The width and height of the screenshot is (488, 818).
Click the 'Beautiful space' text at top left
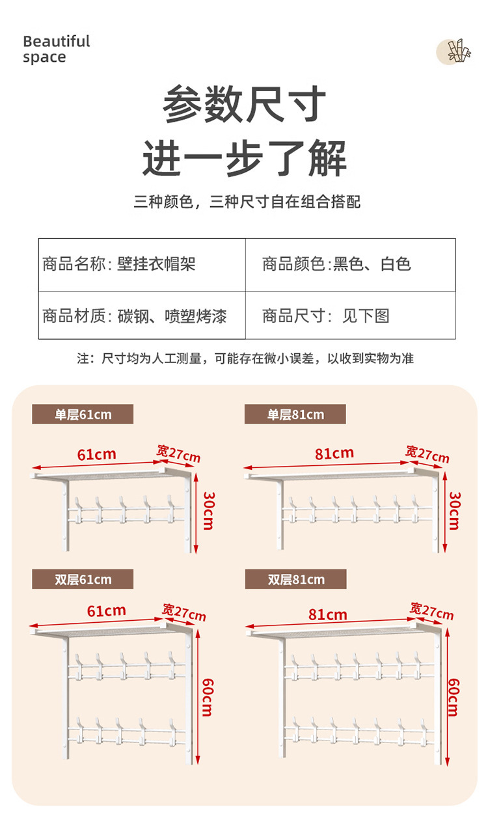click(56, 49)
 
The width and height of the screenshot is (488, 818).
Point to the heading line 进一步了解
click(244, 157)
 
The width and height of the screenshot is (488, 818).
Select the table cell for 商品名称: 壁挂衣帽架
click(142, 264)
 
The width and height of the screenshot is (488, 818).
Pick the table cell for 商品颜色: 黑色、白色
click(350, 264)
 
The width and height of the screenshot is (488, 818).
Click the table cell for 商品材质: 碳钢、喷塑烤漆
click(142, 316)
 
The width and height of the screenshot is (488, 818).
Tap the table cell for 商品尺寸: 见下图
click(350, 316)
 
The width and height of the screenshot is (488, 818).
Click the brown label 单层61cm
click(83, 415)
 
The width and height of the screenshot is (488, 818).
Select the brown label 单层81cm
click(295, 415)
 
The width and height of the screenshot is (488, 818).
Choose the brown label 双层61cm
click(83, 579)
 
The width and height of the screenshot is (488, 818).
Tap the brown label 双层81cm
click(295, 579)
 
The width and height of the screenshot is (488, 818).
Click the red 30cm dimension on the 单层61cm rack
click(208, 510)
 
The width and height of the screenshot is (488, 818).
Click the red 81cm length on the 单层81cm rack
click(334, 454)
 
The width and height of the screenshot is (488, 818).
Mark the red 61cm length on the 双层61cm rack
click(106, 611)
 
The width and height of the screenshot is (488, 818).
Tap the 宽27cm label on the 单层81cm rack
click(427, 454)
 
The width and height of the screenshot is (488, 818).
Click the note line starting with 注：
click(245, 359)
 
